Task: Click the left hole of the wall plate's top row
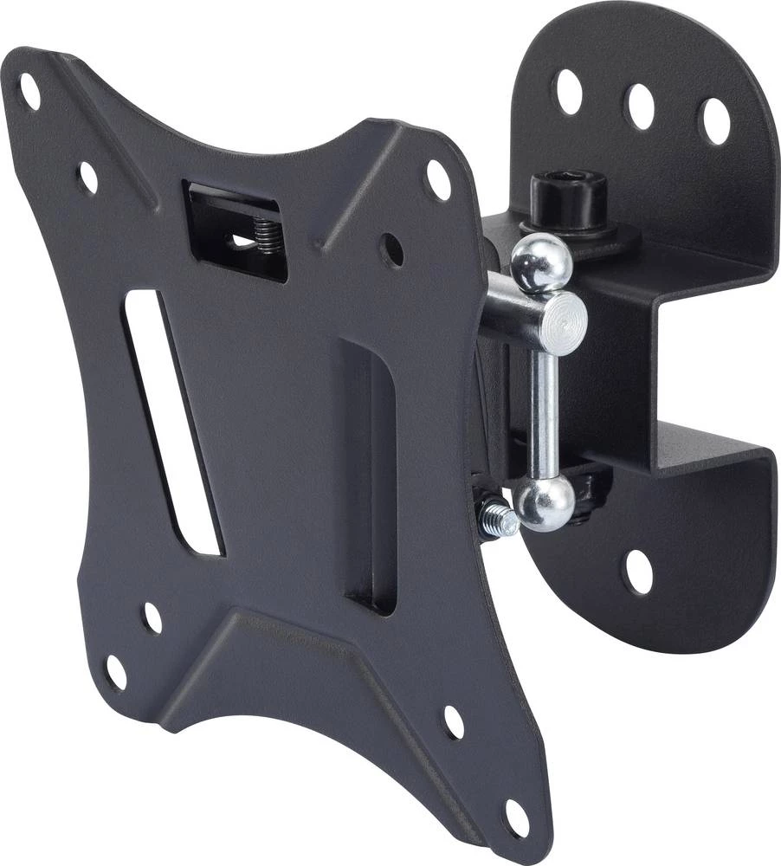pyautogui.click(x=569, y=91)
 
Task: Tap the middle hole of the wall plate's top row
pyautogui.click(x=641, y=106)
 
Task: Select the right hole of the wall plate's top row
pyautogui.click(x=715, y=121)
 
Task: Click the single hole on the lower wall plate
pyautogui.click(x=639, y=572)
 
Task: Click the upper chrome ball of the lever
pyautogui.click(x=540, y=262)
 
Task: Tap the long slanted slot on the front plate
pyautogui.click(x=173, y=424)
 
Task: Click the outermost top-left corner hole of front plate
pyautogui.click(x=29, y=92)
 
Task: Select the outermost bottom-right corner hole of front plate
pyautogui.click(x=516, y=818)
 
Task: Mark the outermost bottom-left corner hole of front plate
pyautogui.click(x=115, y=672)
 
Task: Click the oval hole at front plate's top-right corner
pyautogui.click(x=438, y=180)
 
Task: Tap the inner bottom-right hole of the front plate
pyautogui.click(x=454, y=721)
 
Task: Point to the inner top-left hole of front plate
pyautogui.click(x=87, y=178)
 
